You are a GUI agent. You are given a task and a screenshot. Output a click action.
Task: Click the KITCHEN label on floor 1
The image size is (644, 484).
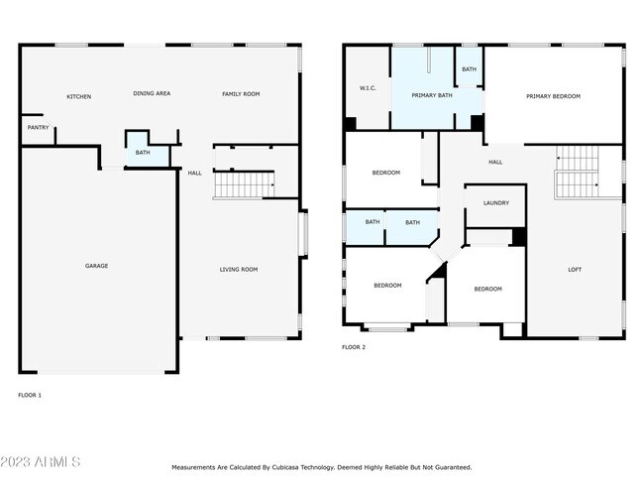pyautogui.click(x=79, y=96)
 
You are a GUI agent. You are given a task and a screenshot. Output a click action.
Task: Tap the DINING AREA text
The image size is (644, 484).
pyautogui.click(x=152, y=93)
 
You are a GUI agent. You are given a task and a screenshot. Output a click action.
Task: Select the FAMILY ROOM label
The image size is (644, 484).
pyautogui.click(x=241, y=93)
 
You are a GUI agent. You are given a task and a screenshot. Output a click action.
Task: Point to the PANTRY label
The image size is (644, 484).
pyautogui.click(x=38, y=127)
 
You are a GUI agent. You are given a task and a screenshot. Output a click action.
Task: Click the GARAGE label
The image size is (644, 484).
pyautogui.click(x=96, y=266)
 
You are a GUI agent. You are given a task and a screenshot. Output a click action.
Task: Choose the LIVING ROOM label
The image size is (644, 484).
pyautogui.click(x=239, y=269)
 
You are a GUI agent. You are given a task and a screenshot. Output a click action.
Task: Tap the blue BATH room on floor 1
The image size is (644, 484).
pyautogui.click(x=143, y=152)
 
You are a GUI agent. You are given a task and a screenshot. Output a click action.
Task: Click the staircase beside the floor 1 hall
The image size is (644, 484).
pyautogui.click(x=244, y=183)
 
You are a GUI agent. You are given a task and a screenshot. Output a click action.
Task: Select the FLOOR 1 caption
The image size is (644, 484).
pyautogui.click(x=31, y=395)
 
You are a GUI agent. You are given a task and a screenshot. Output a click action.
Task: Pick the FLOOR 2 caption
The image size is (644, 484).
pyautogui.click(x=354, y=347)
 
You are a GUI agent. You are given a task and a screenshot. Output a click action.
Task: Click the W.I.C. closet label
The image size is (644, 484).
pyautogui.click(x=367, y=89)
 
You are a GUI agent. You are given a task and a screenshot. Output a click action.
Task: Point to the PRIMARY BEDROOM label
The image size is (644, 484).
pyautogui.click(x=553, y=96)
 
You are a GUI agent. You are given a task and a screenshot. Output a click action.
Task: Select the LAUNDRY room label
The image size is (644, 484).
pyautogui.click(x=496, y=203)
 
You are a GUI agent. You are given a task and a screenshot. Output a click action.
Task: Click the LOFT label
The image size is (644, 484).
pyautogui.click(x=575, y=269)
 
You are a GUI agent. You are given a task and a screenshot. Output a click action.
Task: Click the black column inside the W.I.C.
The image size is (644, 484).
pyautogui.click(x=351, y=123)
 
